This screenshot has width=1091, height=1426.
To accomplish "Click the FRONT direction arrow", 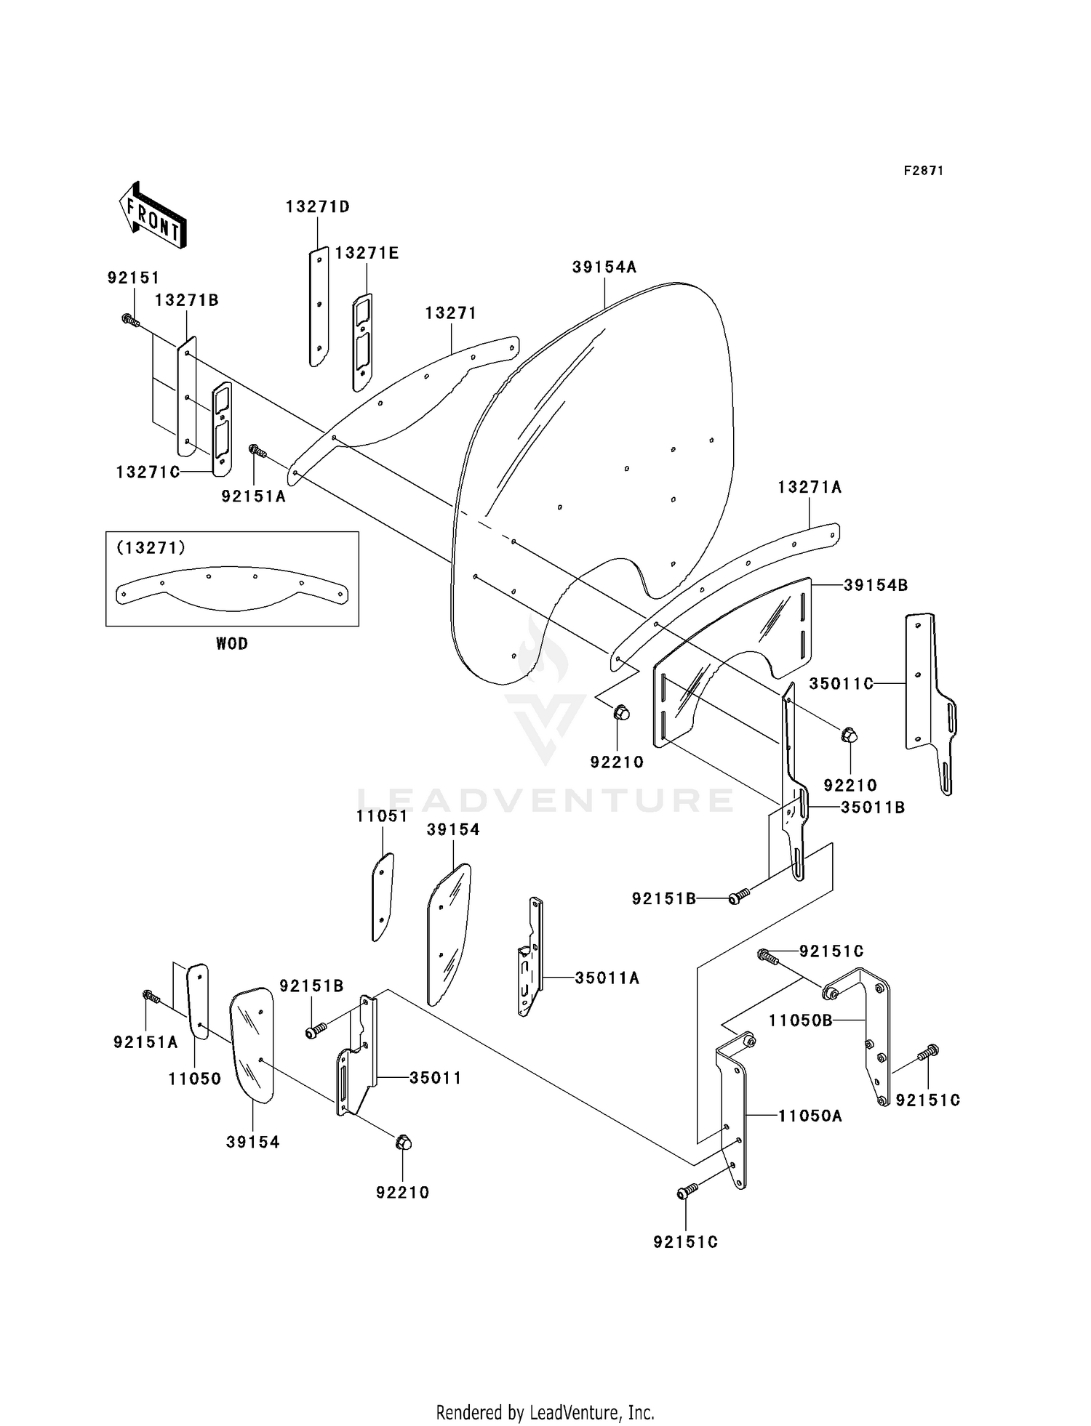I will (x=152, y=216).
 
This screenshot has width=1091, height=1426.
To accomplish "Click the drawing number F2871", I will (x=923, y=171).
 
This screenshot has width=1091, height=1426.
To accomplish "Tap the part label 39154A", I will (x=604, y=267).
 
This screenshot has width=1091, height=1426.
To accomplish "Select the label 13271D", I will (x=317, y=206).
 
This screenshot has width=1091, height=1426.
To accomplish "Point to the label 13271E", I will (x=367, y=253).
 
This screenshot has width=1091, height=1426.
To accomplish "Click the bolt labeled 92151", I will (x=130, y=320).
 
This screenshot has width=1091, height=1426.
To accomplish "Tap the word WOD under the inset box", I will (x=231, y=643).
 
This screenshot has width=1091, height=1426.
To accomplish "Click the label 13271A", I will (x=809, y=487).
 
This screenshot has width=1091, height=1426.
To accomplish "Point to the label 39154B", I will (x=876, y=585).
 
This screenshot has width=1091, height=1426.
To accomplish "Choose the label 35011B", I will (x=873, y=807).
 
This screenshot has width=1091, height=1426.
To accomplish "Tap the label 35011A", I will (x=607, y=978).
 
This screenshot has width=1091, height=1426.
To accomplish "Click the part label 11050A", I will (x=810, y=1116).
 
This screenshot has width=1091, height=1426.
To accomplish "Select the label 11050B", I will (x=800, y=1020).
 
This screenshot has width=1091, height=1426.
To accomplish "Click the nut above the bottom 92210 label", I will (x=402, y=1143).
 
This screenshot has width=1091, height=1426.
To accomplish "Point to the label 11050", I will (x=194, y=1079).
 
